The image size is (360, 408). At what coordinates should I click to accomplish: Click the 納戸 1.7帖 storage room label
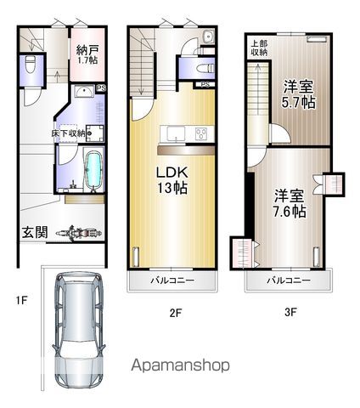(87, 55)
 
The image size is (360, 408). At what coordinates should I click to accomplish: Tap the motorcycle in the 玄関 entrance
(79, 233)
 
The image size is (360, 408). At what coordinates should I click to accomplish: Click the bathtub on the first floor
(93, 171)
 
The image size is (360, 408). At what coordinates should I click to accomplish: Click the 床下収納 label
(68, 133)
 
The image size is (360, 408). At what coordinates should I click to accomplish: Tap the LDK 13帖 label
(172, 180)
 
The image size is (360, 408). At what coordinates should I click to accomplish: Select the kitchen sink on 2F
(176, 134)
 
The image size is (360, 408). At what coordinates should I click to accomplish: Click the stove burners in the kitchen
(201, 133)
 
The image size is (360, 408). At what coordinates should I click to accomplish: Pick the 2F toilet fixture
(205, 69)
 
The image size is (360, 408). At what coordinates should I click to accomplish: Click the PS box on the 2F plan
(205, 84)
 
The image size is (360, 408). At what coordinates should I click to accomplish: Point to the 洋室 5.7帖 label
(298, 94)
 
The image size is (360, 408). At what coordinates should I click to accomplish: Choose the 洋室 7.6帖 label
(290, 203)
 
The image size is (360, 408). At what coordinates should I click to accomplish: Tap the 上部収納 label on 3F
(259, 48)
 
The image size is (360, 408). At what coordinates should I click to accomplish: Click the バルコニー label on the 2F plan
(172, 280)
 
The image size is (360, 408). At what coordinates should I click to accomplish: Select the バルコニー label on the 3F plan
(289, 280)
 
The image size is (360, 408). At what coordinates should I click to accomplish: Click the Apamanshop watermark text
(180, 365)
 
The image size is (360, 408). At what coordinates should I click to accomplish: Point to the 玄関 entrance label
(35, 232)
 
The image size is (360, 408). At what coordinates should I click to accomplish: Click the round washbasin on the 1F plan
(83, 91)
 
